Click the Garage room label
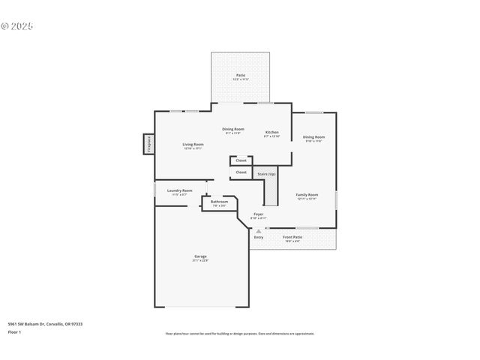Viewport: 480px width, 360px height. coord(199,256)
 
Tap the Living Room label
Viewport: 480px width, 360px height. coord(193,144)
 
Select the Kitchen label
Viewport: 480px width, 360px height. coord(271,131)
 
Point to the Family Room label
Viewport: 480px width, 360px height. coord(307,194)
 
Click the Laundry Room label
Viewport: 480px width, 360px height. coord(179,190)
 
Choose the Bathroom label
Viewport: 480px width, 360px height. coord(219,202)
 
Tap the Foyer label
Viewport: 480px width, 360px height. coord(258,214)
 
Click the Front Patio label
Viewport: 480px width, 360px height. coord(292,237)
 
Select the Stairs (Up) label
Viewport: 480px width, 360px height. coord(266,174)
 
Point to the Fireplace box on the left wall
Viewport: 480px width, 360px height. coord(148,144)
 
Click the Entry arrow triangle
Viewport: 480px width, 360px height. coord(258,231)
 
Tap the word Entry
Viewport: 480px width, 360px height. coord(258,238)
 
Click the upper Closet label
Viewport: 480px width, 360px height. coord(241,160)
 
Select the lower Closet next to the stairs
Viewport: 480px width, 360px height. coord(241,172)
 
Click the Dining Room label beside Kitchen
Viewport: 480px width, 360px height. coord(233,129)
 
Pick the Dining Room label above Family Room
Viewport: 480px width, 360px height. coord(313,137)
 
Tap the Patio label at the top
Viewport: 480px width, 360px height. coord(241,75)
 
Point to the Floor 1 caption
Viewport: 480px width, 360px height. coord(14,331)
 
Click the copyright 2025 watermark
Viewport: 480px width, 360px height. coord(17,26)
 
